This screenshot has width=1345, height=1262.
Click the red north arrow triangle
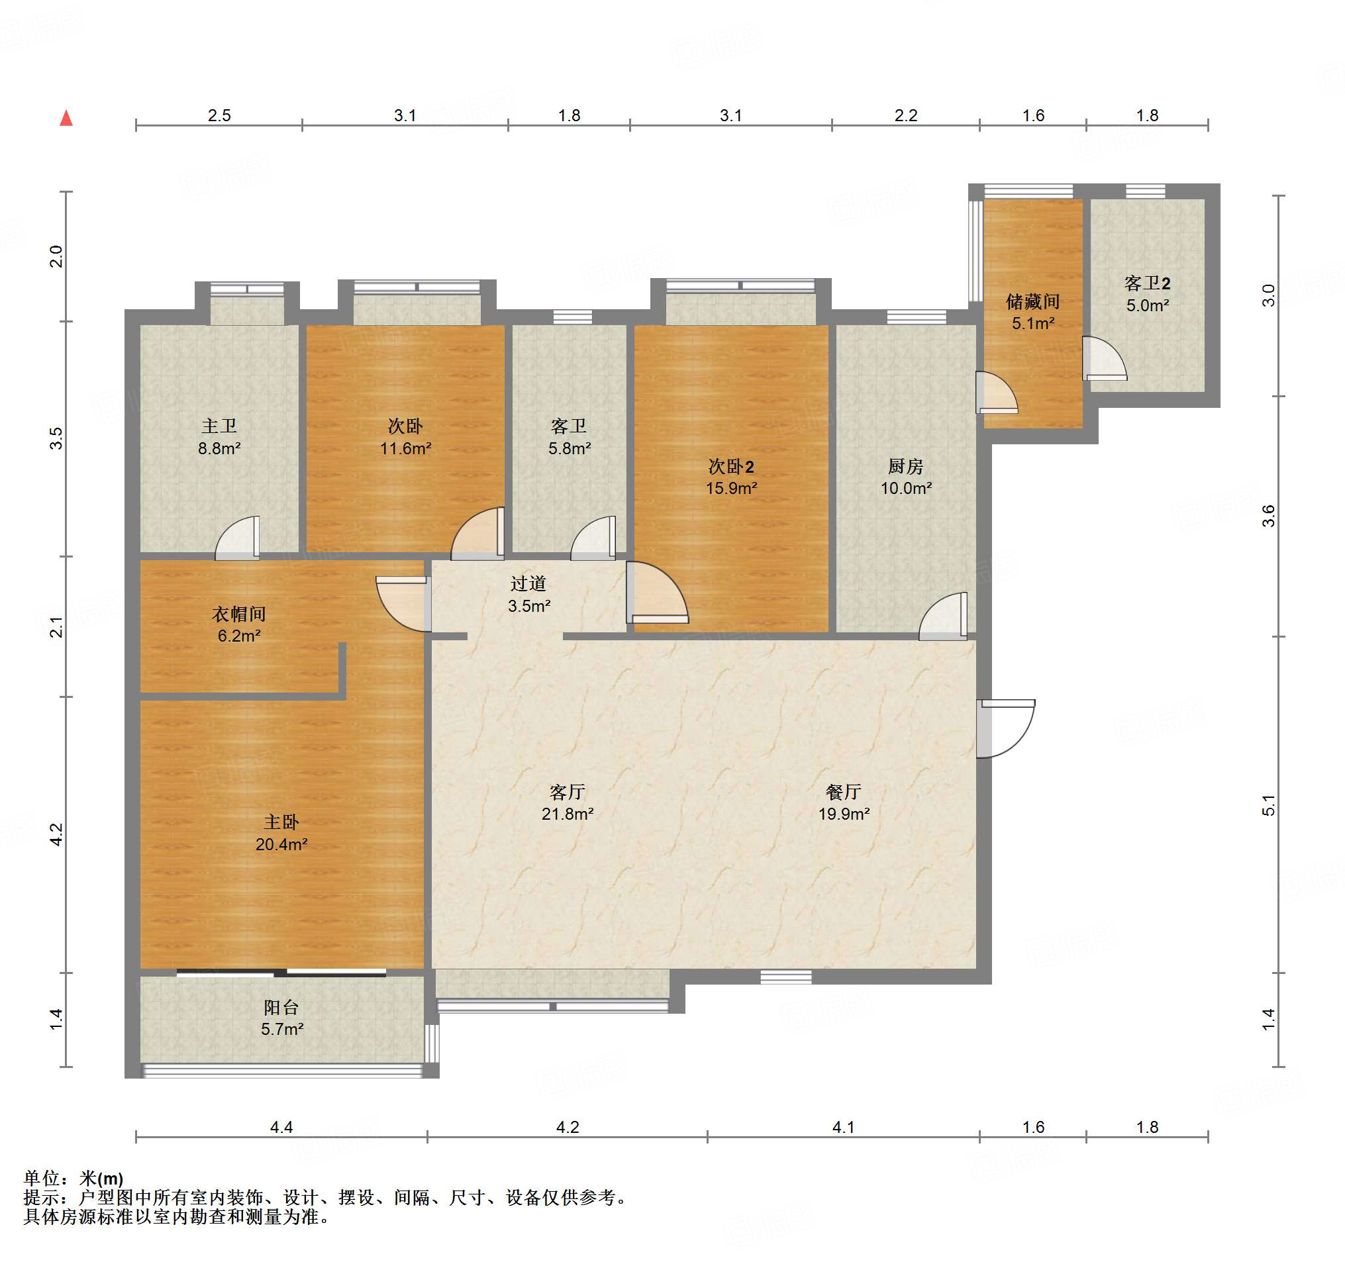(66, 119)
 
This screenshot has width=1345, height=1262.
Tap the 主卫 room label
(219, 426)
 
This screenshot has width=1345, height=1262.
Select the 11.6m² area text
(405, 448)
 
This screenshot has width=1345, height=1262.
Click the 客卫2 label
(1148, 283)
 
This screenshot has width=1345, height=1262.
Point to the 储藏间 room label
(1032, 301)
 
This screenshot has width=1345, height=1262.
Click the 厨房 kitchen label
(905, 466)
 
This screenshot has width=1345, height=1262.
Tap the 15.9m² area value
(731, 488)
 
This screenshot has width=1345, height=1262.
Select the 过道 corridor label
(528, 583)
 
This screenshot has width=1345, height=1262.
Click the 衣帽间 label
(239, 613)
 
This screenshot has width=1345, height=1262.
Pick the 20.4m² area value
(281, 844)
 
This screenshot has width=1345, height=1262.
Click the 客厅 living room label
(567, 791)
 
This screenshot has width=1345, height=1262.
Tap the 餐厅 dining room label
(844, 791)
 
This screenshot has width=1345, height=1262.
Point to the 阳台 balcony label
(281, 1007)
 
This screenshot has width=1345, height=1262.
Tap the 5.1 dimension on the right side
(1269, 805)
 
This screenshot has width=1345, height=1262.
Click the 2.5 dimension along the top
(219, 116)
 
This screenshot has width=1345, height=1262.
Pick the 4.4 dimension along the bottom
(281, 1127)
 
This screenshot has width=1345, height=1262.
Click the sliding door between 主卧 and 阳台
(281, 973)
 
